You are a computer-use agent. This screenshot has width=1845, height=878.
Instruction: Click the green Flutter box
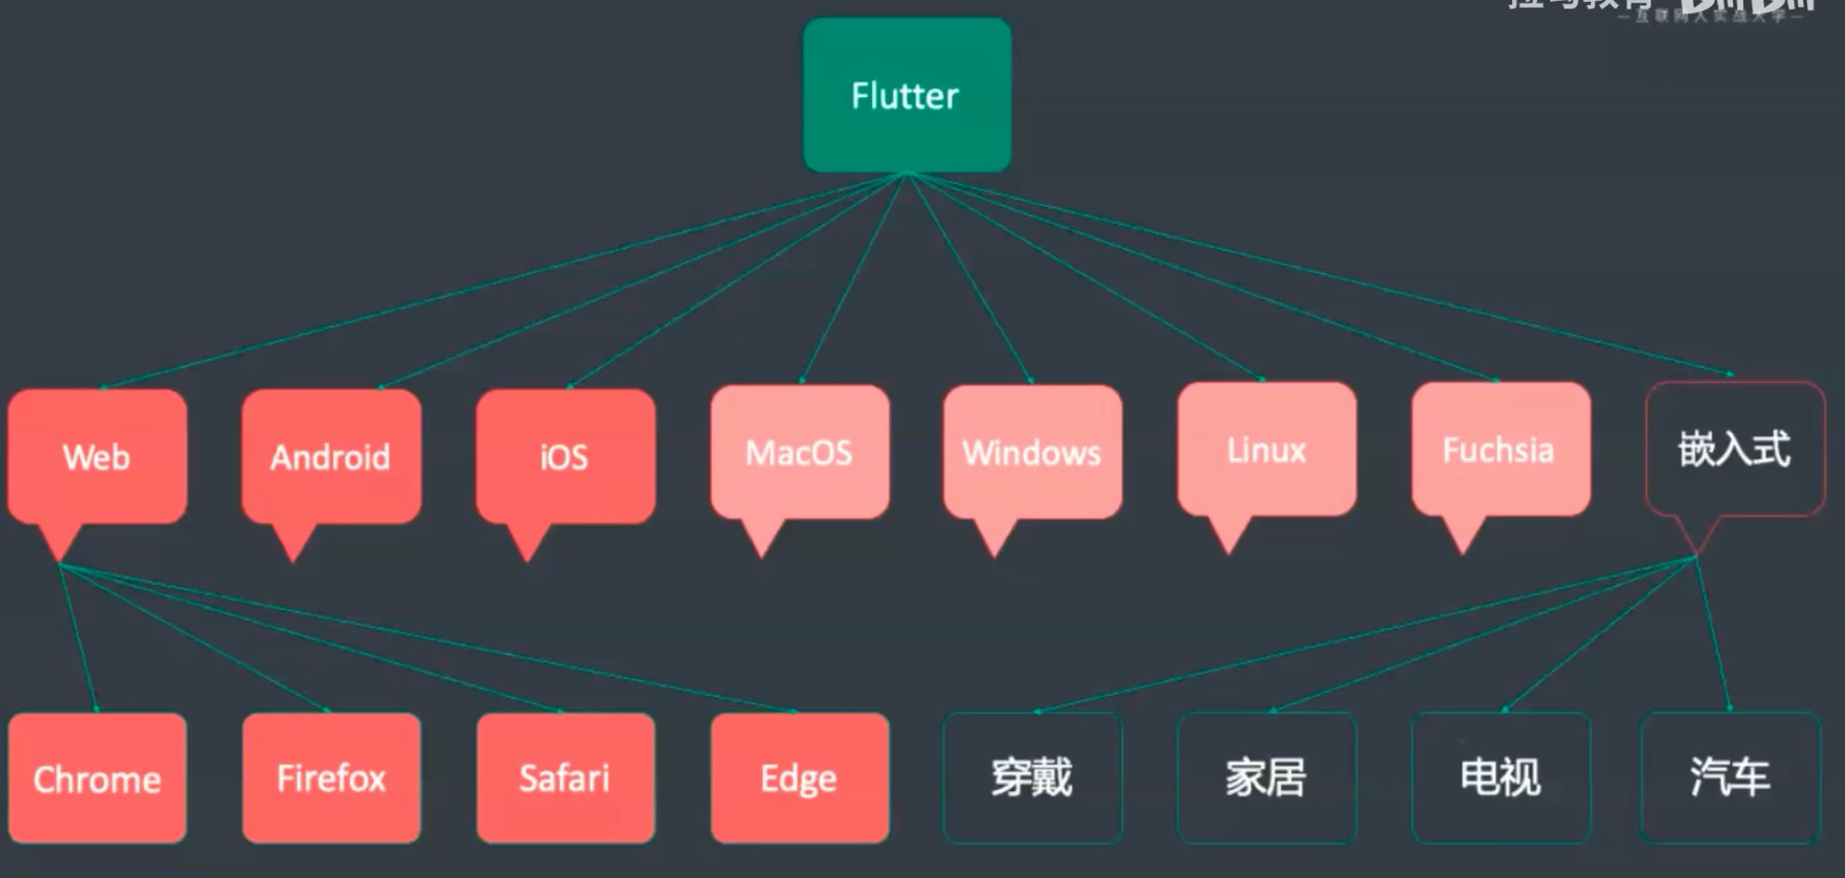pos(906,95)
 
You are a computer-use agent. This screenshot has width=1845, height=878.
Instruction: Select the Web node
pos(96,456)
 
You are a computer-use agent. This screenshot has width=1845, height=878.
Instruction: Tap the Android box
pos(330,456)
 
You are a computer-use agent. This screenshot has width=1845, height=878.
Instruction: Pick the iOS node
pos(565,456)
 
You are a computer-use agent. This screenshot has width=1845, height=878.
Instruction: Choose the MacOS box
pos(799,452)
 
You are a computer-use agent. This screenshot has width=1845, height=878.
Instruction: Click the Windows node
pos(1032,452)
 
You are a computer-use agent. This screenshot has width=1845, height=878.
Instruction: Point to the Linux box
pos(1267,449)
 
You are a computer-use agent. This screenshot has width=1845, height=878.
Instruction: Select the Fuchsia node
pos(1500,449)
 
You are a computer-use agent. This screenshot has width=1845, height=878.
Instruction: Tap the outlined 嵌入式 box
pos(1734,449)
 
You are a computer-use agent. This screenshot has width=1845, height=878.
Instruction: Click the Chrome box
pos(96,779)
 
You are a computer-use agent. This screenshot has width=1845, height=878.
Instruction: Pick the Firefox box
pos(331,779)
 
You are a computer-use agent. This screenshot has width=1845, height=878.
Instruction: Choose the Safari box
pos(565,779)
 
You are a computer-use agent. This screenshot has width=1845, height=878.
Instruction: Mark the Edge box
pos(799,779)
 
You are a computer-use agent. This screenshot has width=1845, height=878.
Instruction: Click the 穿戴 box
pos(1032,778)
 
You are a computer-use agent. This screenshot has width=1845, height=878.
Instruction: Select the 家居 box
pos(1266,778)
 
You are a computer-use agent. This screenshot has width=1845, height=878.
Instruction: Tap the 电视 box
pos(1501,778)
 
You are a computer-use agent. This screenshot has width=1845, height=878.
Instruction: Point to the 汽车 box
pos(1730,778)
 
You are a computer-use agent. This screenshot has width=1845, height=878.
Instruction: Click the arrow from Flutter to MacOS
pos(852,278)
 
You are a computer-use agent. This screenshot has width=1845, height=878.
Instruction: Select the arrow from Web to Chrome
pos(78,638)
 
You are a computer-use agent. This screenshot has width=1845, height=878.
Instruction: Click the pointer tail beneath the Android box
pos(294,541)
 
